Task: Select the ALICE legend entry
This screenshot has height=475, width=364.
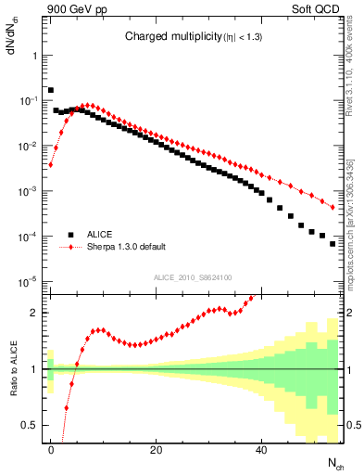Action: [104, 235]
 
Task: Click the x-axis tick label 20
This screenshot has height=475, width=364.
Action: [156, 450]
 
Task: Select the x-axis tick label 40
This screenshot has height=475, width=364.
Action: [261, 450]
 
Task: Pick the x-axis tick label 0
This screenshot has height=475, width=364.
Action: [51, 450]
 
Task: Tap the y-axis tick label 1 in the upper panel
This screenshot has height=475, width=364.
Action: [35, 55]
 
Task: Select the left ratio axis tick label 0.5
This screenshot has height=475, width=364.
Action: [31, 425]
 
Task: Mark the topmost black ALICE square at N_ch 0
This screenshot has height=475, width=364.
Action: [51, 90]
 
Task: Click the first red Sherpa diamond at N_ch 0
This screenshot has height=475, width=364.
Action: [51, 165]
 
